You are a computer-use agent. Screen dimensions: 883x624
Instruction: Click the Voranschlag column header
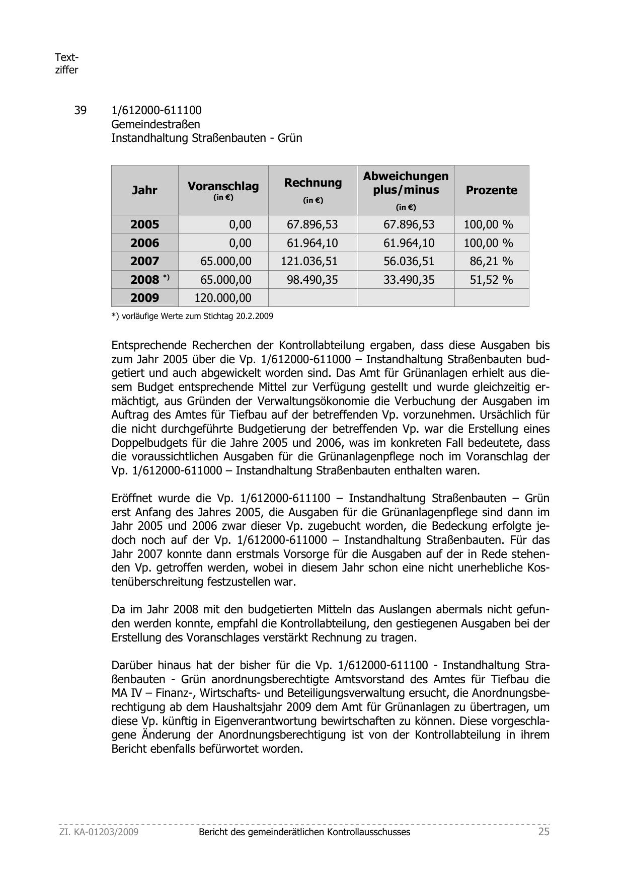(x=223, y=187)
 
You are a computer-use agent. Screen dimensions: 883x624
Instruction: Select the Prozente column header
(x=491, y=190)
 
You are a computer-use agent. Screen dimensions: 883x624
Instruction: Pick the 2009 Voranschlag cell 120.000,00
(x=223, y=298)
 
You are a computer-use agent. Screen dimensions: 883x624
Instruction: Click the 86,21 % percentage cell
(x=491, y=262)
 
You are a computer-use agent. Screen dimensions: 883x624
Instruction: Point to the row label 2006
(x=144, y=244)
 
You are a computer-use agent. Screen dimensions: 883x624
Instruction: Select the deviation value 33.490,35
(x=409, y=280)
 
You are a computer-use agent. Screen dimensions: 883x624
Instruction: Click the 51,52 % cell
(x=491, y=280)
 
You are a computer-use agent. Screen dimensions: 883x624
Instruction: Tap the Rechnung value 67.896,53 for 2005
(x=313, y=225)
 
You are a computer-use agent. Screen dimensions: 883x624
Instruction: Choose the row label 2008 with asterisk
(x=149, y=280)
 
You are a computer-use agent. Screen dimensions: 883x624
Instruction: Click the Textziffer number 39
(x=80, y=111)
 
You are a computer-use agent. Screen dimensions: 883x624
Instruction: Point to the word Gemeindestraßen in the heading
(x=155, y=124)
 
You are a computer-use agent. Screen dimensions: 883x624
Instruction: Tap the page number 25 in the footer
(x=543, y=832)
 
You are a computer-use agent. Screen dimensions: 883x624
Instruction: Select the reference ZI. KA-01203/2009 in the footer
(x=99, y=832)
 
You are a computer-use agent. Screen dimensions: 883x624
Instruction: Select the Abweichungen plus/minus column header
(x=406, y=183)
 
